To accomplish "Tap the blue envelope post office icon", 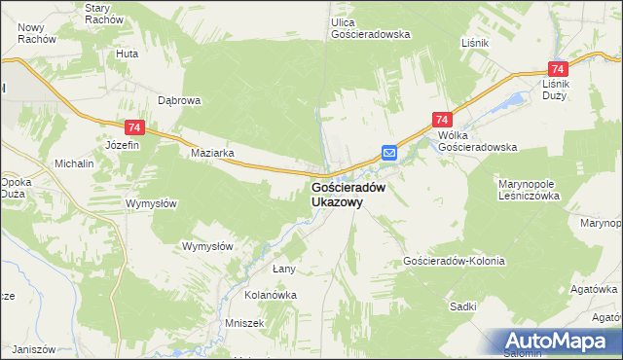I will (388, 152).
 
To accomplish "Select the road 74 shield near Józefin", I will (134, 127).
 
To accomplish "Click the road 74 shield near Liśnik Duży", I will (558, 69).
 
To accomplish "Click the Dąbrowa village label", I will (179, 99).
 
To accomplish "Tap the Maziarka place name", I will (212, 154).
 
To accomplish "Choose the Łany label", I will (283, 268).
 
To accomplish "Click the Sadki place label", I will (463, 306).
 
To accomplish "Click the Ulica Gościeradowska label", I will (370, 27).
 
